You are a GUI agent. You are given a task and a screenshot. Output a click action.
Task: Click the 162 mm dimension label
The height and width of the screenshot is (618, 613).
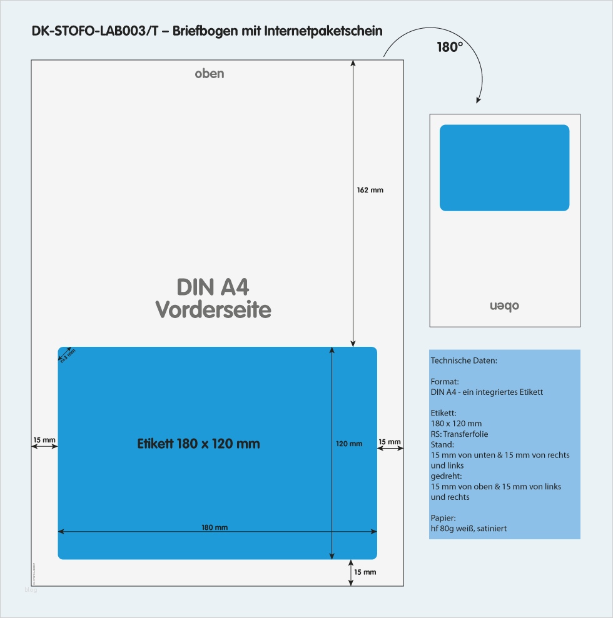tap(370, 190)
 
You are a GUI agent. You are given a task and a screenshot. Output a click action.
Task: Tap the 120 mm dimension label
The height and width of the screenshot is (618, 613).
tap(349, 444)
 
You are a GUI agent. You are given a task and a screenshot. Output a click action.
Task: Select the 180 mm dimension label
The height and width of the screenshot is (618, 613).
tap(215, 527)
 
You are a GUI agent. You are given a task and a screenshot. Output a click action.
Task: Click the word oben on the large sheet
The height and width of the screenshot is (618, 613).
tap(210, 74)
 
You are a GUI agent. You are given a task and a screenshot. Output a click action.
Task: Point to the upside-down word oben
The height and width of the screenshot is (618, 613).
tap(504, 306)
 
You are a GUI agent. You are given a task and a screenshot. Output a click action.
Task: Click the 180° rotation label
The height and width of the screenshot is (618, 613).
tap(450, 47)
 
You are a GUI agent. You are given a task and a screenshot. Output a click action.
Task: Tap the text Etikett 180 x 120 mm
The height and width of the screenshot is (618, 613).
tap(198, 444)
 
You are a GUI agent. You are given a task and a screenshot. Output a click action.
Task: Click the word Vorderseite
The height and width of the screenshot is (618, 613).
tap(213, 309)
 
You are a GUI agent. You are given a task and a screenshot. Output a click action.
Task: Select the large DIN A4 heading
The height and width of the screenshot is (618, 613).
tap(213, 287)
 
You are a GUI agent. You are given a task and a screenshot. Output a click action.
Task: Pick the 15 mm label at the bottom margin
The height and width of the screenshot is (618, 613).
tap(365, 572)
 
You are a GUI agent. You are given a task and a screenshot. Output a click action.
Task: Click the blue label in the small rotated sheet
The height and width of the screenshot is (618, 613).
tap(504, 167)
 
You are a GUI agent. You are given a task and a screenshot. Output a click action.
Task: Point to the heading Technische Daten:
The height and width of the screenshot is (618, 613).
tap(464, 361)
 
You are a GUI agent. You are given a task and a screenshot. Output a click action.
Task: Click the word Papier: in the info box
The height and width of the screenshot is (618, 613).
tap(443, 517)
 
